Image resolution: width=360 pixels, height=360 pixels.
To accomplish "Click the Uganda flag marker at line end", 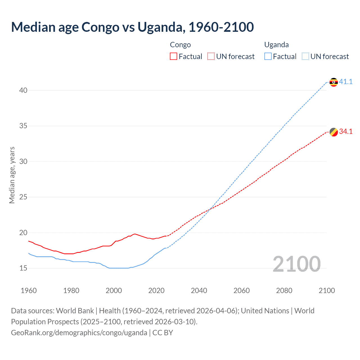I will pos(334,82).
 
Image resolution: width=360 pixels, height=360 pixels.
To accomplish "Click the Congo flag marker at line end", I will pos(334,132).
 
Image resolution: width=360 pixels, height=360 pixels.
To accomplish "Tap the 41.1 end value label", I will pos(346,82).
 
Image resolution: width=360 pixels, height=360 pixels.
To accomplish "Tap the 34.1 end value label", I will pos(346,132).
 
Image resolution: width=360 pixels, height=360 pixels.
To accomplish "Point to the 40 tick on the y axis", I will pos(23,90).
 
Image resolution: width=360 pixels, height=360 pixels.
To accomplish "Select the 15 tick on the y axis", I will pos(23,268).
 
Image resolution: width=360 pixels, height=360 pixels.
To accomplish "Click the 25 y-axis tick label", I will pos(23,197).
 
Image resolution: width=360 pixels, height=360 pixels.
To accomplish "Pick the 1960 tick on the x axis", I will pos(29,291).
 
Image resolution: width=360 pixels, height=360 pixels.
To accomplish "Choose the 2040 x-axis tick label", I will pos(199,291).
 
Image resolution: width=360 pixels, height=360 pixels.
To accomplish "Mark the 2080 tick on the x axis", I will pos(284,291).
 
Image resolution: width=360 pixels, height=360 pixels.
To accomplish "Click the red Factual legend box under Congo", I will pos(174,57).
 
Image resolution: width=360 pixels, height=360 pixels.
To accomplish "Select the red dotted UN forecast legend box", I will pos(211,57).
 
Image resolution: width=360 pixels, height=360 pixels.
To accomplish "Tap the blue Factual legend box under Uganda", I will pos(268,57).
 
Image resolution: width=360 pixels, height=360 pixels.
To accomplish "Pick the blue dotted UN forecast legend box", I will pos(305,57).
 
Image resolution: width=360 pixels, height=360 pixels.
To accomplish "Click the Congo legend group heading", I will pos(180,45).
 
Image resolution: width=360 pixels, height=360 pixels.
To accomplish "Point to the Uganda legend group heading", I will pos(276,45).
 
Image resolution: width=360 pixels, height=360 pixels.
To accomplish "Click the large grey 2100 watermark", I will pos(296,264).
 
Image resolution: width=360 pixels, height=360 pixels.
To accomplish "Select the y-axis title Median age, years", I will pos(12,175).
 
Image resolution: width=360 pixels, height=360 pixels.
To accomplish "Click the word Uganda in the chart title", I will pos(160,27).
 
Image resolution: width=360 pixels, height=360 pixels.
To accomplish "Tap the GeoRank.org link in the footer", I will pos(79,333).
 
